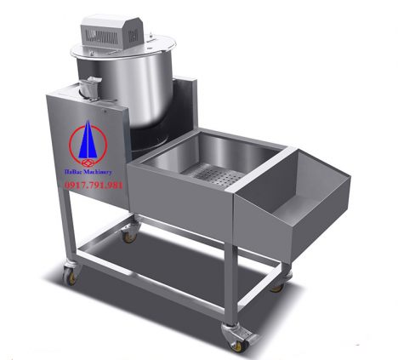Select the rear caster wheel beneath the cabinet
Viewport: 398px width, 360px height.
click(130, 231)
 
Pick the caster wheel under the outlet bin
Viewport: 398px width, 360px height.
click(277, 283)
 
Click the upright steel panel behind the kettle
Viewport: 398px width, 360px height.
click(188, 102)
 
